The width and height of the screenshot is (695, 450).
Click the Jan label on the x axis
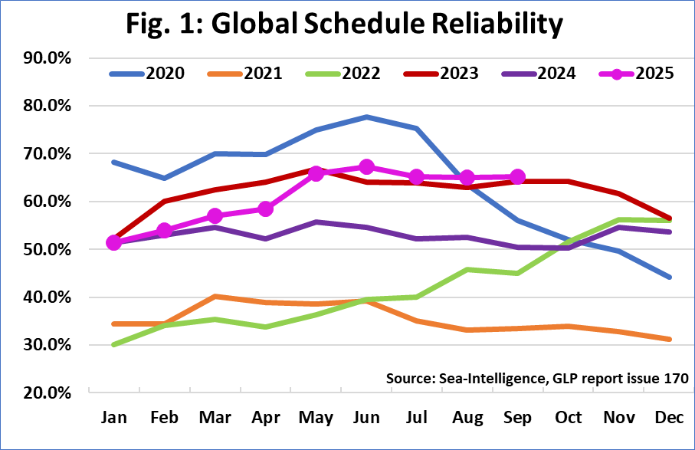coord(114,418)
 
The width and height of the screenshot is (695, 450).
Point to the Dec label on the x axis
coord(669,418)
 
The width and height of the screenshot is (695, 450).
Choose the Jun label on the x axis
coord(366,418)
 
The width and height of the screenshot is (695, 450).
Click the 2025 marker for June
coord(366,167)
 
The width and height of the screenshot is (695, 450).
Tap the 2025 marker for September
coord(517,177)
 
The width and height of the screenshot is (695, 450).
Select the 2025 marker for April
coord(266,209)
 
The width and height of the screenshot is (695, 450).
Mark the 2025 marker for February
coord(165,231)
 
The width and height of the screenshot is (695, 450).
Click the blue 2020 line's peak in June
coord(366,117)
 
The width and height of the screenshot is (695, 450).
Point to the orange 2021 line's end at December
coord(669,339)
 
